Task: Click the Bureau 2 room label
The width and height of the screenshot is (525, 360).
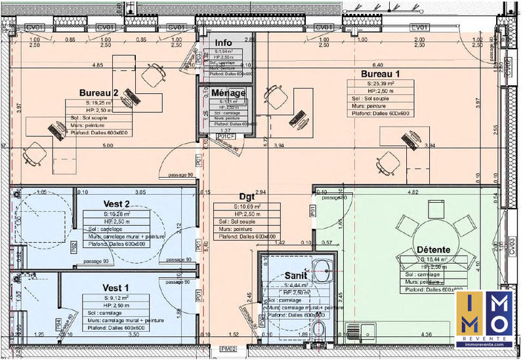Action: tap(98, 92)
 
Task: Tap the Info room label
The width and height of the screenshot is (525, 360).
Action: tap(224, 43)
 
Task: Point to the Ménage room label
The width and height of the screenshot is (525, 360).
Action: tap(228, 93)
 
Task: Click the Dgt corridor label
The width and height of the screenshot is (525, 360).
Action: tap(247, 196)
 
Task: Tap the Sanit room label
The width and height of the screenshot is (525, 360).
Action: tap(297, 277)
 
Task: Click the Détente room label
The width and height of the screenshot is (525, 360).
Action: tap(433, 250)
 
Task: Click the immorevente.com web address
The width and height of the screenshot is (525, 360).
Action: tap(485, 342)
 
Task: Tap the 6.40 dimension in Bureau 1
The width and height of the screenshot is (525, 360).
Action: tap(377, 65)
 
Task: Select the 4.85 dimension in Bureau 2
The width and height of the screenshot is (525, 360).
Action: tap(98, 65)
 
